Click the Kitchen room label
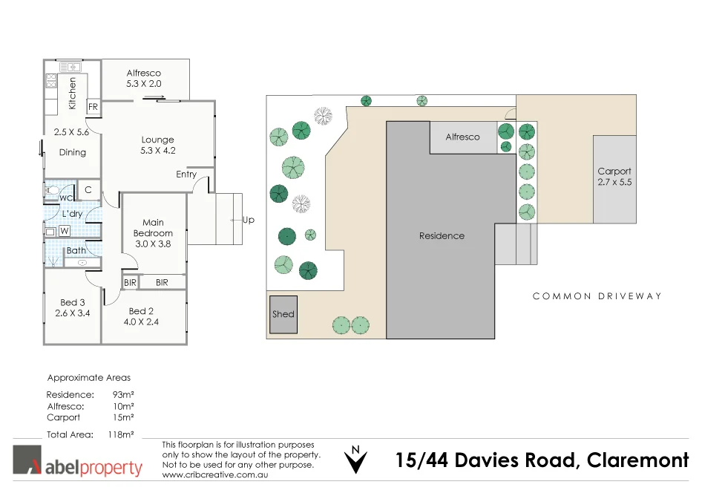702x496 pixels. click(72, 94)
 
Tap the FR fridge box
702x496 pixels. click(93, 107)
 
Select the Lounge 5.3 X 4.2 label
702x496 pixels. click(157, 145)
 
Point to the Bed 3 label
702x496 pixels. click(72, 307)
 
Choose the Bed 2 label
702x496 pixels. click(142, 316)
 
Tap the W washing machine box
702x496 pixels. click(65, 231)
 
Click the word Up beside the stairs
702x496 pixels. click(248, 220)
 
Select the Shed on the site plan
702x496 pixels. click(283, 314)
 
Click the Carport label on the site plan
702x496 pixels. click(614, 176)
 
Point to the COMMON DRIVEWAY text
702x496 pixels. click(597, 296)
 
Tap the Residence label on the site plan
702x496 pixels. click(442, 235)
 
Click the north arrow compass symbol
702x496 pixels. click(356, 459)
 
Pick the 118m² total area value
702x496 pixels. click(121, 434)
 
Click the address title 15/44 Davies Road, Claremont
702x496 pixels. click(542, 460)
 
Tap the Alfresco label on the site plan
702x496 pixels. click(462, 137)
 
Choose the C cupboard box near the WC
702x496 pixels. click(88, 190)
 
